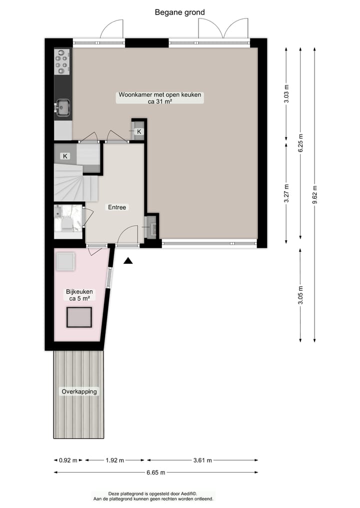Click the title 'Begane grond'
click(179, 12)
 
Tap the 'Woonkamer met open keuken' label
click(160, 95)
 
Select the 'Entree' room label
click(118, 207)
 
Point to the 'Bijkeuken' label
click(79, 291)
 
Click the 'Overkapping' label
click(79, 391)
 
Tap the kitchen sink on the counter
click(63, 107)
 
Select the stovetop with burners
click(62, 61)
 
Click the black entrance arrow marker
click(128, 260)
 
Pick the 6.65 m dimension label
click(155, 473)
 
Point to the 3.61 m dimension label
click(202, 461)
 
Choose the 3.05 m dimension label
click(300, 296)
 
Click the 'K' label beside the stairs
click(65, 156)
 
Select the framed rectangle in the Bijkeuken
click(79, 317)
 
